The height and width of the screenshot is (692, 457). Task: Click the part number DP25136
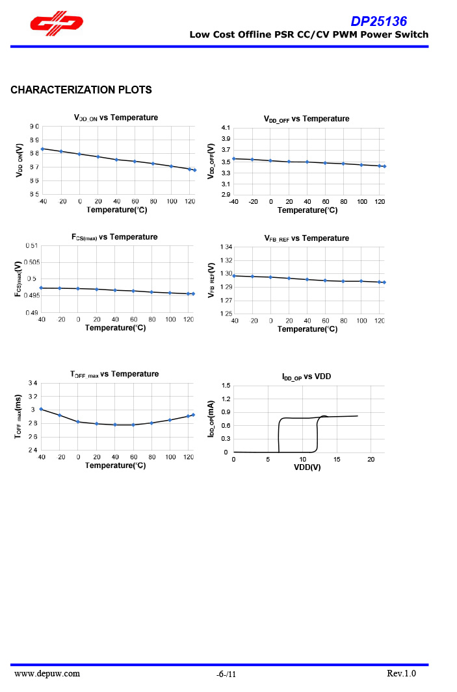[379, 21]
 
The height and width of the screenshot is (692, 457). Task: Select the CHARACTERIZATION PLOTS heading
[81, 90]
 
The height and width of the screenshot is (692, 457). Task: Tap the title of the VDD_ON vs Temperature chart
[116, 117]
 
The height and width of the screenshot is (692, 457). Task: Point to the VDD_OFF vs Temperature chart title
[306, 119]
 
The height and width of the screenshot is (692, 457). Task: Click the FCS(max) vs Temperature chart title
[114, 237]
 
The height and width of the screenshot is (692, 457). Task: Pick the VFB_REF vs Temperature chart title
[307, 238]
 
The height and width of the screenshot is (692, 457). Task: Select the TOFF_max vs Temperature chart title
[114, 374]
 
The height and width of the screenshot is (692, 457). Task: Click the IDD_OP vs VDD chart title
[307, 377]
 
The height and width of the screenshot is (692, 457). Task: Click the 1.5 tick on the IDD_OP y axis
[226, 386]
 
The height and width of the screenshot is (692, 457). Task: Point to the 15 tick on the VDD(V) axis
[337, 460]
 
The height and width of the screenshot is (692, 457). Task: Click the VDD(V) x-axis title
[307, 467]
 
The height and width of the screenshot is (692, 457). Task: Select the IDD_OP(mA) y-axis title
[211, 419]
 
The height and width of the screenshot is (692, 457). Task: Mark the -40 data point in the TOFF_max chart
[41, 409]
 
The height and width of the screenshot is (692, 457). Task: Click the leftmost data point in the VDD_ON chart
[42, 149]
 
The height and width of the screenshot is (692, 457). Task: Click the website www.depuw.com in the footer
[47, 673]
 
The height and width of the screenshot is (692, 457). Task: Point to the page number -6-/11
[226, 674]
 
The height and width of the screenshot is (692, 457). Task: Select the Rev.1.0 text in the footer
[400, 673]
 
